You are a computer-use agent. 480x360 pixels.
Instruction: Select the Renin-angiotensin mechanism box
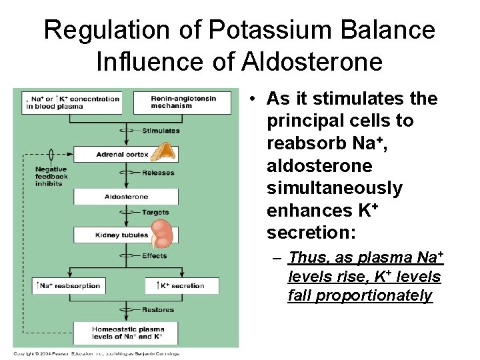click(x=182, y=102)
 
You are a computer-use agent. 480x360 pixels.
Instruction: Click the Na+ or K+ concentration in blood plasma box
click(x=72, y=102)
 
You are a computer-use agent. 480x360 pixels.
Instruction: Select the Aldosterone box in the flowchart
click(x=126, y=197)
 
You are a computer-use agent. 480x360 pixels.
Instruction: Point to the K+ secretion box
click(x=181, y=286)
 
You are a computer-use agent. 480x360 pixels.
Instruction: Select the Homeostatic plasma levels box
click(x=126, y=333)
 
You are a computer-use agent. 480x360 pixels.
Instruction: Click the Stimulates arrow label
click(x=161, y=131)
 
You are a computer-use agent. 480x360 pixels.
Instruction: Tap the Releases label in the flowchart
click(x=158, y=173)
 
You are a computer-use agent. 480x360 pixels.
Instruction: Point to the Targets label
click(x=155, y=213)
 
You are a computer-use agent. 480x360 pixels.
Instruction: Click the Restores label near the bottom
click(x=158, y=310)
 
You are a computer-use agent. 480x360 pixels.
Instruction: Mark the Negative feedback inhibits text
click(x=51, y=177)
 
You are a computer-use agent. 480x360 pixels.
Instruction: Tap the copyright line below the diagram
click(x=97, y=353)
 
